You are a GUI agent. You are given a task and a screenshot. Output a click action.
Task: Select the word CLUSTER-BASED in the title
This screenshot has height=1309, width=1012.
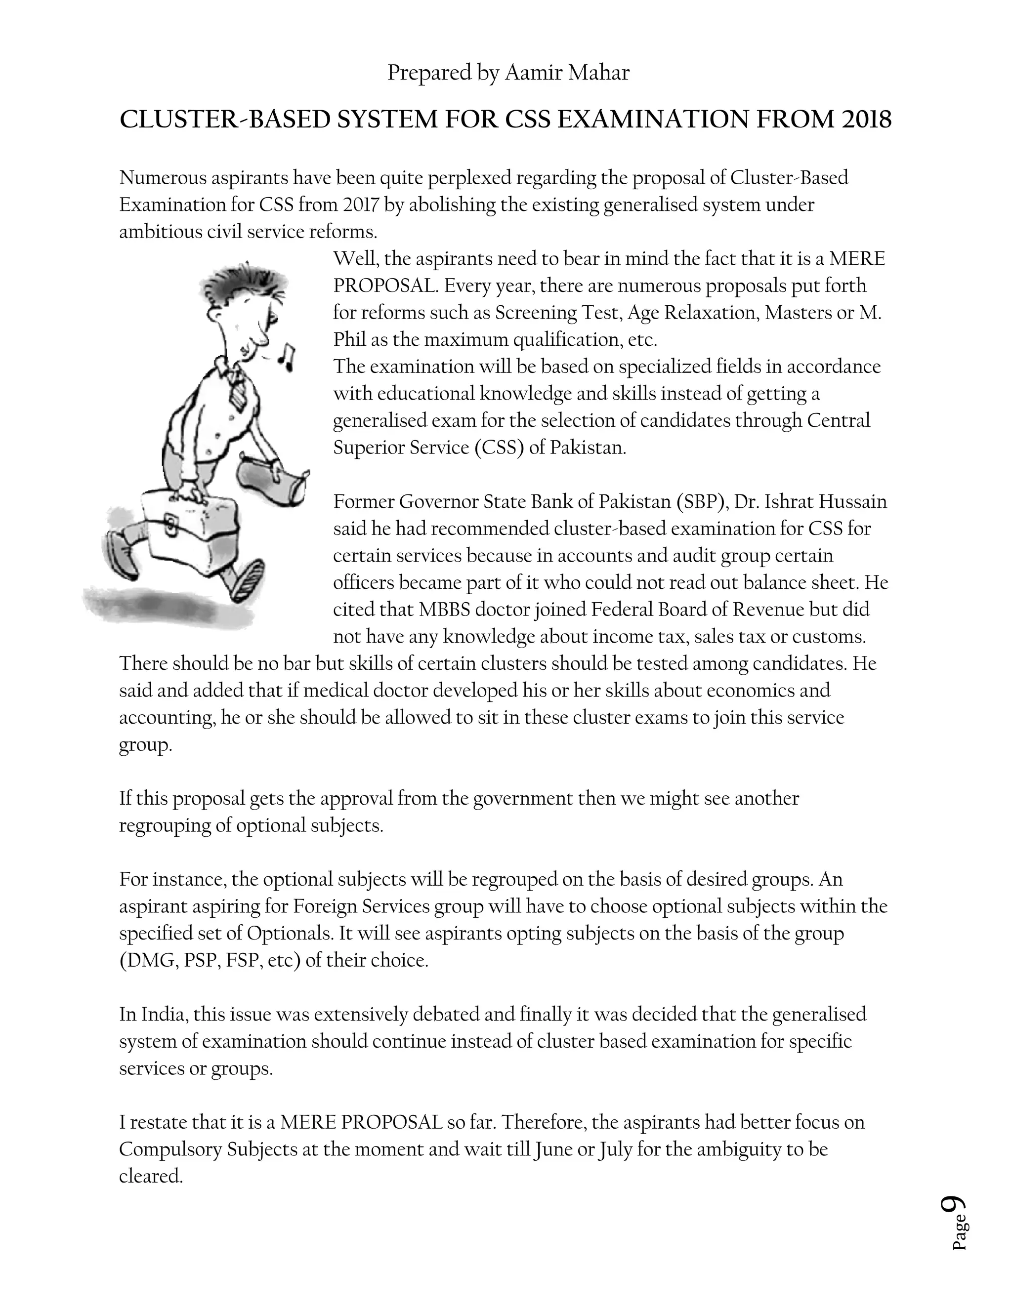pyautogui.click(x=225, y=120)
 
